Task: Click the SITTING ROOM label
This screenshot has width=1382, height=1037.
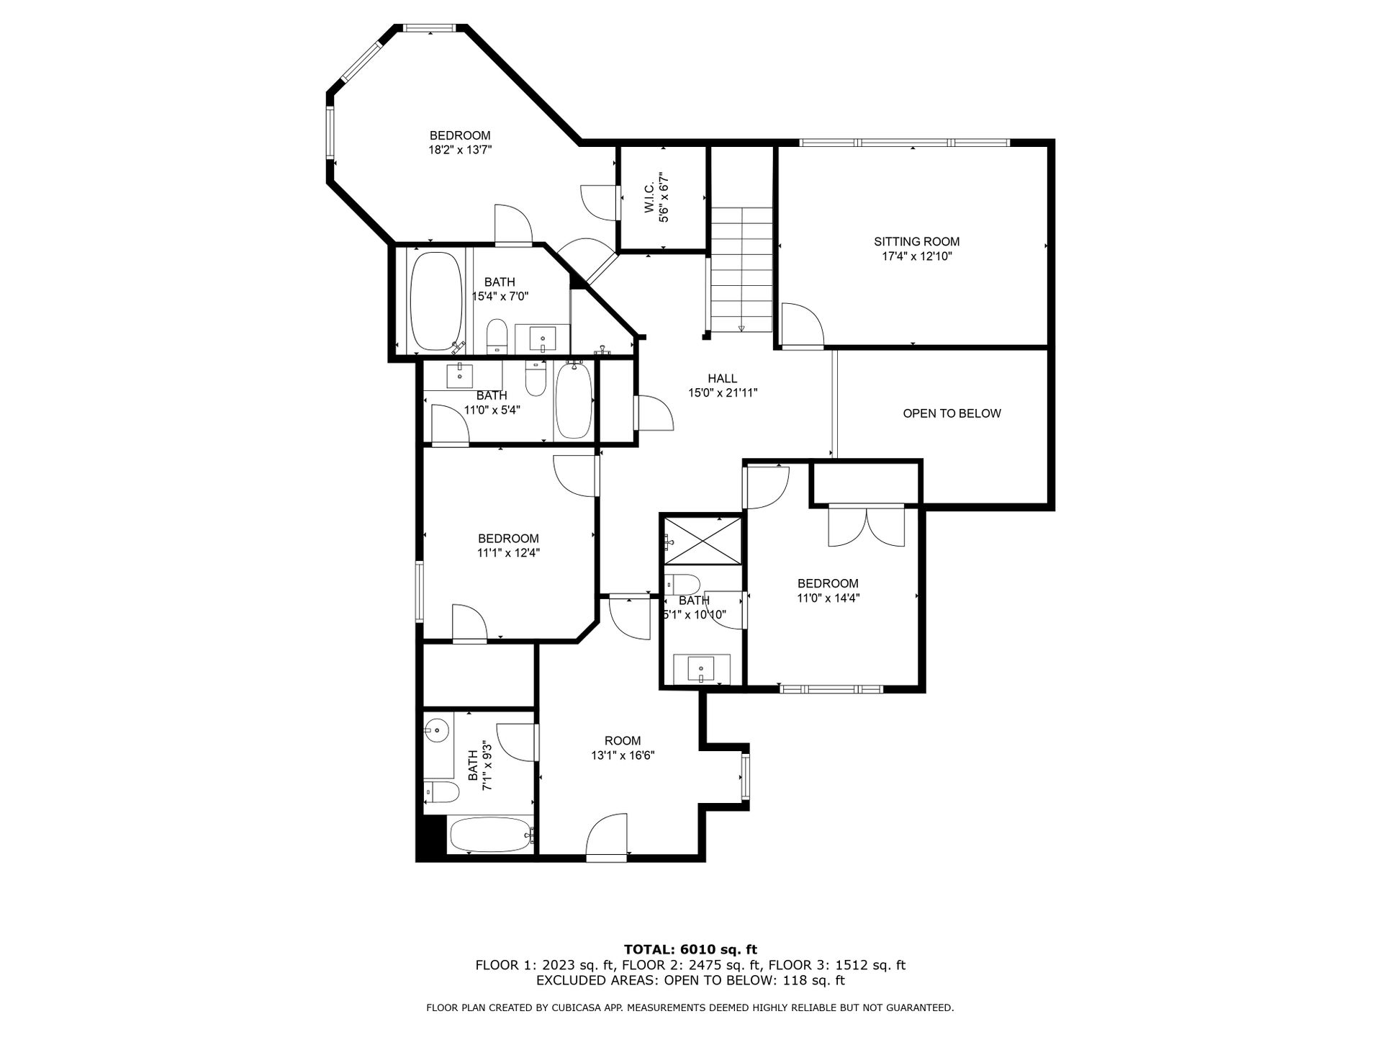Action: (x=916, y=242)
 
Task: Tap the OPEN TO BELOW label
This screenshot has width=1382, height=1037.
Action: (x=952, y=413)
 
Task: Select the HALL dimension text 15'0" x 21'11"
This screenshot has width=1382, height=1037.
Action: (x=723, y=393)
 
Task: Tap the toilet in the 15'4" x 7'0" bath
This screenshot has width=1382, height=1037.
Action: (x=497, y=337)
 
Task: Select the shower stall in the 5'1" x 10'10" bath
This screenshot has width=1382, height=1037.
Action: (x=702, y=540)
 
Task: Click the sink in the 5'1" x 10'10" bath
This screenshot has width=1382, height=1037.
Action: (x=701, y=669)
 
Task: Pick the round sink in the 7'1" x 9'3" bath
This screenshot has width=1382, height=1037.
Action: (x=437, y=732)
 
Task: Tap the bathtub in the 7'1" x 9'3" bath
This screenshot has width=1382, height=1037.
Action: (x=492, y=835)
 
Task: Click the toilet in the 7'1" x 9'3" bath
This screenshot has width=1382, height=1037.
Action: (x=441, y=792)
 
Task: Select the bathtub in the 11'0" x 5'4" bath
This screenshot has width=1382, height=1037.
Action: (x=574, y=400)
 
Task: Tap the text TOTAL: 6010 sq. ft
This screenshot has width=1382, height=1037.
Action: (x=690, y=950)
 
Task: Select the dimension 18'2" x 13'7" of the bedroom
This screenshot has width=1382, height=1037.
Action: (x=460, y=150)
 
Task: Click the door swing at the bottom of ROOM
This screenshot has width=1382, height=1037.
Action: (x=608, y=837)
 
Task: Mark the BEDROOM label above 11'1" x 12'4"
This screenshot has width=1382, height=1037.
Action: (x=508, y=539)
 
